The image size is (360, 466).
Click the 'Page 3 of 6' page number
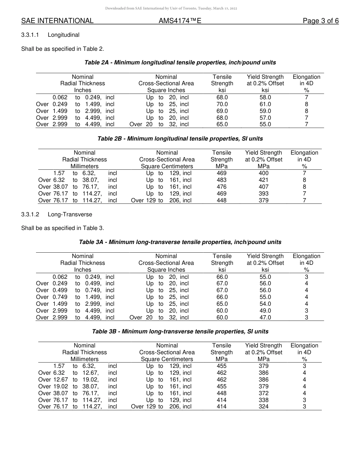click(x=321, y=21)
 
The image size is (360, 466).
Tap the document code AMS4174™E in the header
click(x=180, y=21)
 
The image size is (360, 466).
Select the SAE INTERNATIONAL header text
click(x=57, y=21)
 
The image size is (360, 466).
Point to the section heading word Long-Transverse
click(x=70, y=214)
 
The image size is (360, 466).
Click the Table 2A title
click(x=180, y=63)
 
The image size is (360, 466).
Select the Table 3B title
click(x=180, y=332)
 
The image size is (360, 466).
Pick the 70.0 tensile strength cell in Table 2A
click(x=222, y=104)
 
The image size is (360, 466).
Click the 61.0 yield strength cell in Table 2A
click(x=265, y=104)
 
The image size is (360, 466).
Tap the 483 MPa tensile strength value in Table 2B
click(x=222, y=180)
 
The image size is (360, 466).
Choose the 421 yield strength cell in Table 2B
click(x=263, y=180)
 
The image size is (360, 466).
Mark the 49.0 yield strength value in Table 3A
click(x=265, y=311)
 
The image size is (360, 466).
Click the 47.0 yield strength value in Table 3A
click(x=265, y=317)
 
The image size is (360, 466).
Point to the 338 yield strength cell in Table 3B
click(x=263, y=400)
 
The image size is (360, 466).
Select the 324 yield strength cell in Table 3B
click(x=263, y=407)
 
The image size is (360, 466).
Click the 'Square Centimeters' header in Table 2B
click(x=167, y=166)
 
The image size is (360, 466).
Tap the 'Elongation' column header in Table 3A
click(x=306, y=256)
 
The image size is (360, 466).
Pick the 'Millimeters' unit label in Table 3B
click(x=85, y=359)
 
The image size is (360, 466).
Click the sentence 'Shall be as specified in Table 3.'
click(x=63, y=228)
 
